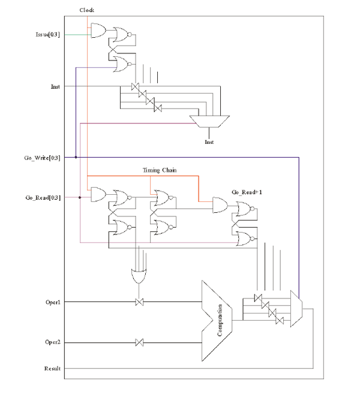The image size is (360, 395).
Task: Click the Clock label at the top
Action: tap(87, 10)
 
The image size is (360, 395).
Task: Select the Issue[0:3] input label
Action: tap(48, 35)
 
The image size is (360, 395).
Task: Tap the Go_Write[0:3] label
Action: tap(42, 158)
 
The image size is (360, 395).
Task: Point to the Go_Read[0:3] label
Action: tap(43, 198)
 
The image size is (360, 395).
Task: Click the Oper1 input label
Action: tap(53, 302)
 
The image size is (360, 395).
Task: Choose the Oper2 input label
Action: tap(53, 342)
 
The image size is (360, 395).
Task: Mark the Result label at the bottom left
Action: tap(52, 369)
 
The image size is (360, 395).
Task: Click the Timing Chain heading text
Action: tap(160, 170)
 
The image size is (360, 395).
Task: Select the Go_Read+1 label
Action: tap(247, 192)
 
